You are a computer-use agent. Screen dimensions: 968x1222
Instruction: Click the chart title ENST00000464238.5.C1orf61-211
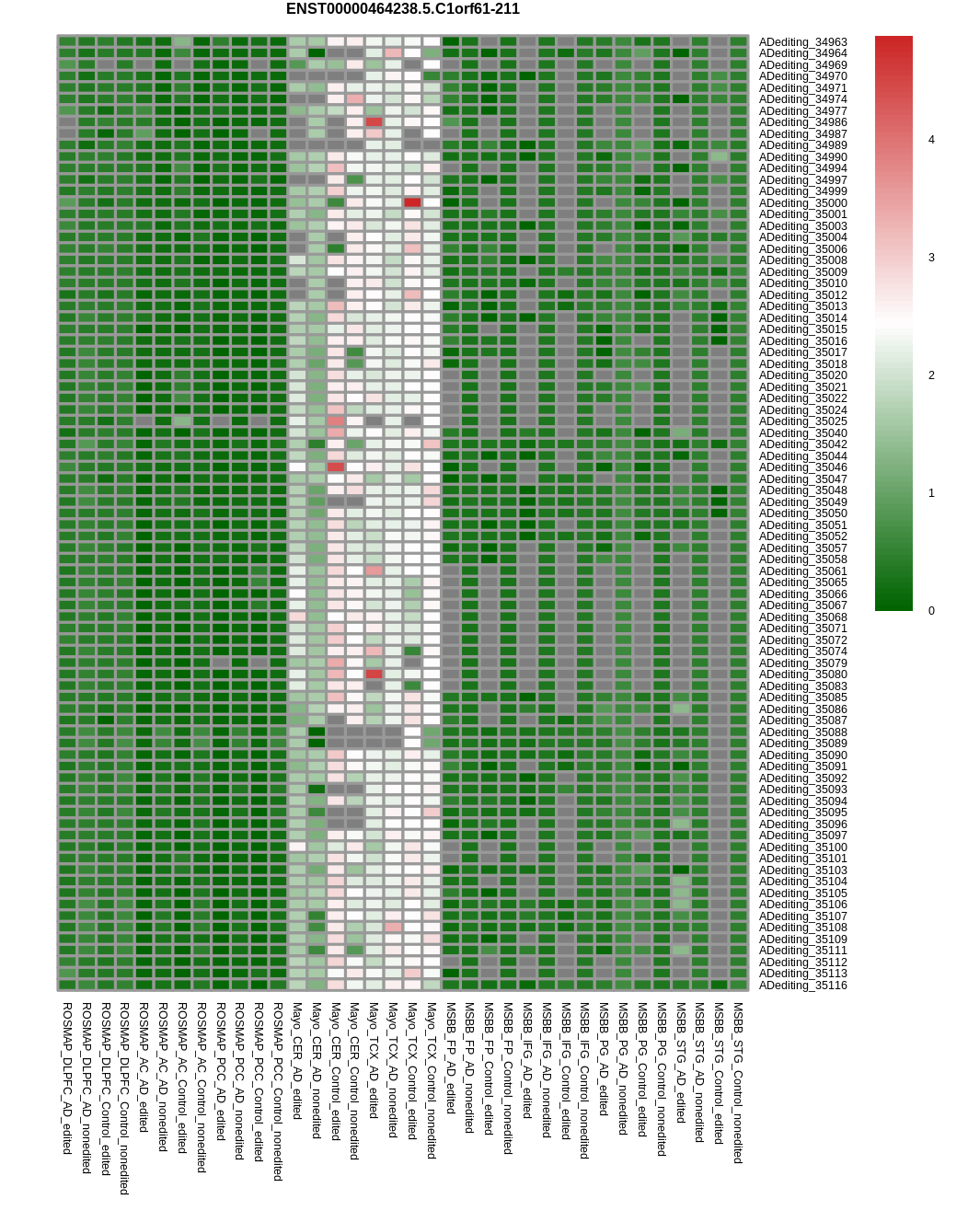tap(402, 9)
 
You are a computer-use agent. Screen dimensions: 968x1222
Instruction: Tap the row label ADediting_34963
tap(802, 42)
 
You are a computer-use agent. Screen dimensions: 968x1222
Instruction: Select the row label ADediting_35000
tap(802, 202)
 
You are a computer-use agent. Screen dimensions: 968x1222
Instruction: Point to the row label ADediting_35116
tap(802, 986)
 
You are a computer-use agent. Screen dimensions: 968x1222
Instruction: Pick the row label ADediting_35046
tap(802, 467)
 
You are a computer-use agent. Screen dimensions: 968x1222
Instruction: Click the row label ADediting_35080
tap(802, 674)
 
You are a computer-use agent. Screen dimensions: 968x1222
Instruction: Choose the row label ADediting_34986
tap(802, 122)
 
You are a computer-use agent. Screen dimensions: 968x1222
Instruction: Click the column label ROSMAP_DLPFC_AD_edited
tap(67, 1078)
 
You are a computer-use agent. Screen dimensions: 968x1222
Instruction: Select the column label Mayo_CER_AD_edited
tap(297, 1061)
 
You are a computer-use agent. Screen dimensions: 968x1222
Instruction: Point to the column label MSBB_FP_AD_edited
tap(451, 1058)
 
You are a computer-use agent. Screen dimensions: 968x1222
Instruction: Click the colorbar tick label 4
tap(931, 140)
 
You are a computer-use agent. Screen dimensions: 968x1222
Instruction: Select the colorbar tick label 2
tap(931, 375)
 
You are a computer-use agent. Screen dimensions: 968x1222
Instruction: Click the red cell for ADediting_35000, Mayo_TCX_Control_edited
tap(412, 202)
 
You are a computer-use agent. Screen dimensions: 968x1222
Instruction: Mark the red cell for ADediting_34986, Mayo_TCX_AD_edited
tap(375, 121)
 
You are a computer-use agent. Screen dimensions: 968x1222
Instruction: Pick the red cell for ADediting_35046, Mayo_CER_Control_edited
tap(336, 467)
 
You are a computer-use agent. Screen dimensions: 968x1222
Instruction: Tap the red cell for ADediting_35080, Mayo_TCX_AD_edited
tap(375, 674)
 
